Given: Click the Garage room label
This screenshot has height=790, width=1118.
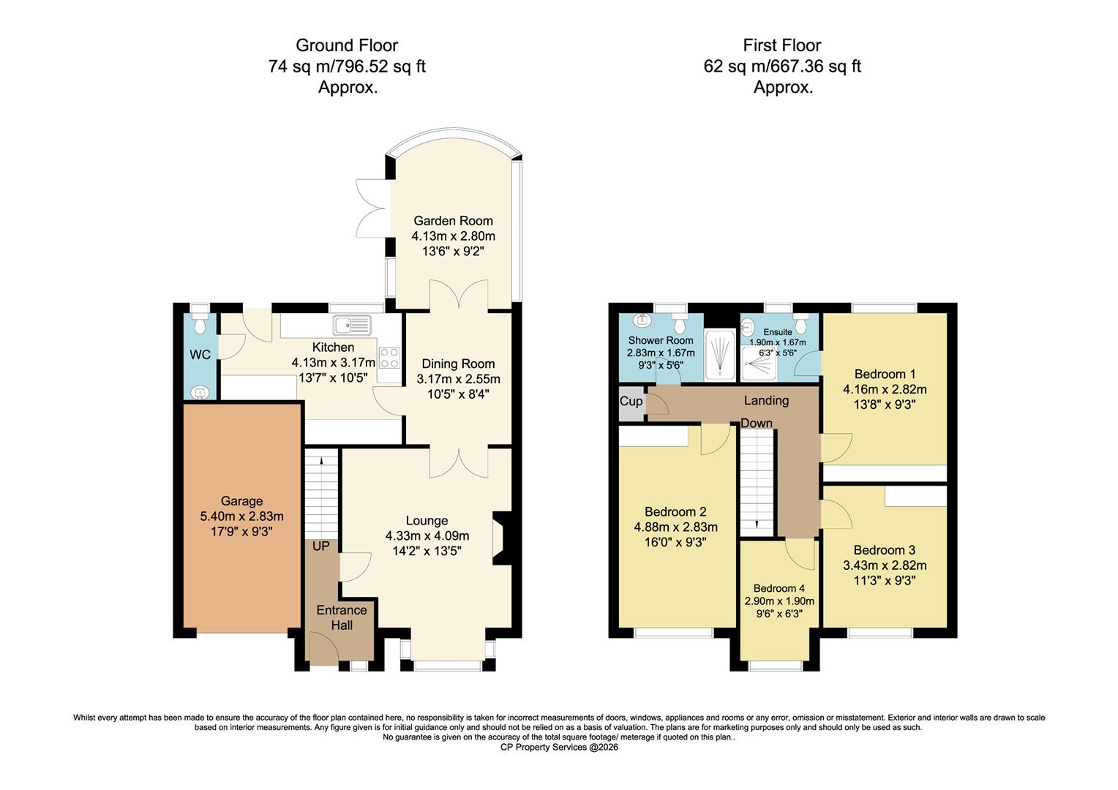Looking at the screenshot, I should [x=241, y=501].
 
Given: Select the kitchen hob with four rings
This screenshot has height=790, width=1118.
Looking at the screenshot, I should [x=389, y=358].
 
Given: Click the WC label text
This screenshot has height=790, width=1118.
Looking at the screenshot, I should [x=200, y=355].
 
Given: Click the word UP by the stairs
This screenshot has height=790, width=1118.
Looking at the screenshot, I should [x=321, y=546].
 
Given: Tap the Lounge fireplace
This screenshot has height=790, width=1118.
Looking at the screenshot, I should [x=502, y=538].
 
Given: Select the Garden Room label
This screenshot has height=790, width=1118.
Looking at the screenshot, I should [x=453, y=221].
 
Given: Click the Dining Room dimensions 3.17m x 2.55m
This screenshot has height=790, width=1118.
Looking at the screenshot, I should [x=458, y=379].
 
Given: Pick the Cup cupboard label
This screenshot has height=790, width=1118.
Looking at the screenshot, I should [x=631, y=402].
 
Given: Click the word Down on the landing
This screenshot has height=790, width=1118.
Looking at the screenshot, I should [x=757, y=424].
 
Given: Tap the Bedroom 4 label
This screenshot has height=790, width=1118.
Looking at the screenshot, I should [x=779, y=588].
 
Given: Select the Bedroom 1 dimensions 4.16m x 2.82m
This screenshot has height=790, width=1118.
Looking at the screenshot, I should [x=885, y=389].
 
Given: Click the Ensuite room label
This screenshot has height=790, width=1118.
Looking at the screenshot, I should [x=777, y=331].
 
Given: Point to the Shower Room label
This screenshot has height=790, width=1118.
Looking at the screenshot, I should [x=661, y=340].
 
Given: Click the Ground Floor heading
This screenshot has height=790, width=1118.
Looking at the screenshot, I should [x=347, y=45].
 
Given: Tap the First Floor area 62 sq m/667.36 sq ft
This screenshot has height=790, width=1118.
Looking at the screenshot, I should [x=782, y=67].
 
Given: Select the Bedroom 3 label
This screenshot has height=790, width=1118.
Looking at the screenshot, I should [x=884, y=550].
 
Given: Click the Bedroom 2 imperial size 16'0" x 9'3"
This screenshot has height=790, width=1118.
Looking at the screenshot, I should [x=675, y=542].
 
